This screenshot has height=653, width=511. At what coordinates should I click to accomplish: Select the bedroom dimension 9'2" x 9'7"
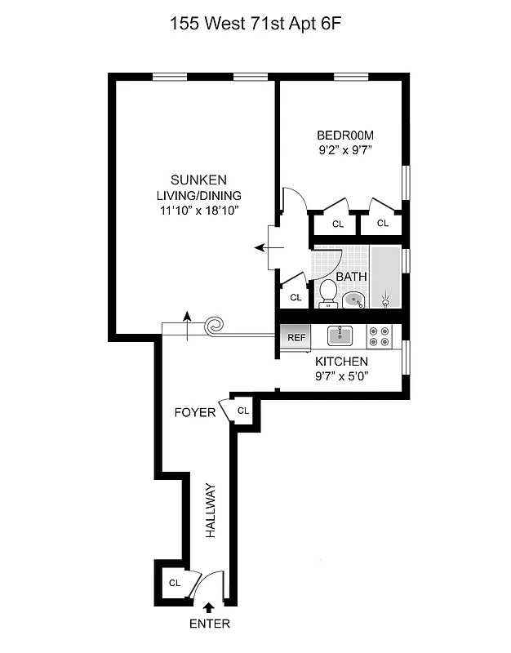345,150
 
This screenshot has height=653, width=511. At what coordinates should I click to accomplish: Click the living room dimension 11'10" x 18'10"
199,210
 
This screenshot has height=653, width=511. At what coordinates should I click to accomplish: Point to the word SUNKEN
198,180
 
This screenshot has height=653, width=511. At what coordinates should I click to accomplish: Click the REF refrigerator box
295,335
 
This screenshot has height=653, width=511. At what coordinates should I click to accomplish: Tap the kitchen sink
339,335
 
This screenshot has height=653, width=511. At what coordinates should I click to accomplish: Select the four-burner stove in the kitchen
379,336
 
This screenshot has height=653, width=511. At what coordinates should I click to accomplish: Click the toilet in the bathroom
328,292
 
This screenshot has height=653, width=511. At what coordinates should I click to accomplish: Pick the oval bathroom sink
353,299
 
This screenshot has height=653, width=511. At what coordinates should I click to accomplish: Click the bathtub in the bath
387,278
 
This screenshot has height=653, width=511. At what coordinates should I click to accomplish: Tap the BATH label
351,277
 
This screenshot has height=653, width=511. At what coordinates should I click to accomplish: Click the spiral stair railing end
215,326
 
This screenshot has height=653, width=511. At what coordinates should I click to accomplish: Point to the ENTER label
209,624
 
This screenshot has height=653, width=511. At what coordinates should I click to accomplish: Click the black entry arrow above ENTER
209,606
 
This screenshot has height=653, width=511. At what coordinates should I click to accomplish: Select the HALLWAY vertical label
210,510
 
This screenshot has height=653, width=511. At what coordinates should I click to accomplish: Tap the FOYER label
195,412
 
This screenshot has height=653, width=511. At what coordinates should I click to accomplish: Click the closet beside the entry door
174,583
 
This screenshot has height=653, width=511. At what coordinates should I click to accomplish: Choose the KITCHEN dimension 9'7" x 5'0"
342,376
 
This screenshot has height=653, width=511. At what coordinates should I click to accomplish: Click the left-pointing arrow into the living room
262,247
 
